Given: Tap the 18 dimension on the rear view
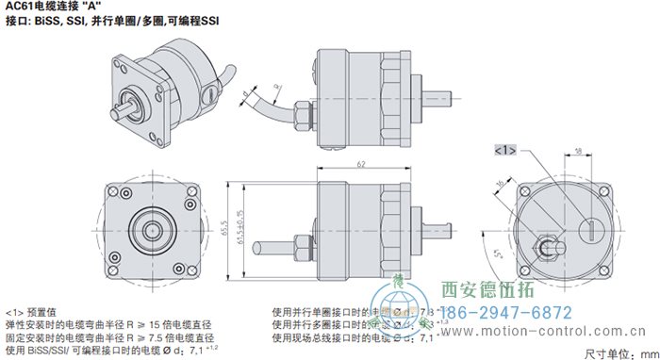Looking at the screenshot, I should (x=577, y=139).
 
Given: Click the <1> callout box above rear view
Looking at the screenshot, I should (x=504, y=150).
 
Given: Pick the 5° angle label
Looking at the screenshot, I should (x=498, y=254).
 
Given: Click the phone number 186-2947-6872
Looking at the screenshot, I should (x=504, y=313).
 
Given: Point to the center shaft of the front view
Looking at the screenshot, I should (x=150, y=225).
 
